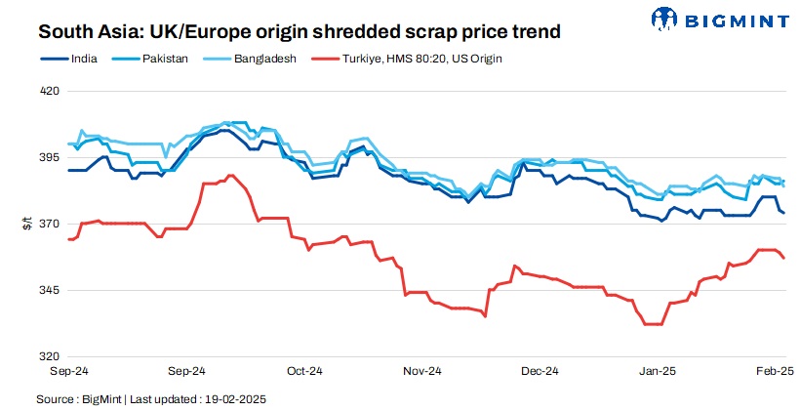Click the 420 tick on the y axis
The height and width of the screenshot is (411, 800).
pos(49,92)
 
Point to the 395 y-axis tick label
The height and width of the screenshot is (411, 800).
pos(49,158)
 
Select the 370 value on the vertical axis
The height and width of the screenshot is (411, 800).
pos(49,225)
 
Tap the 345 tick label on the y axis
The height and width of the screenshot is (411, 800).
pos(49,291)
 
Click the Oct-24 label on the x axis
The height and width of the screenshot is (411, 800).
pos(304,372)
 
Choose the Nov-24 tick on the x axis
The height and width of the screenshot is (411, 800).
pos(422,372)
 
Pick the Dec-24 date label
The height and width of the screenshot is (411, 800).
pos(540,372)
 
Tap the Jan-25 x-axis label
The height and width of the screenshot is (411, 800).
pos(657,372)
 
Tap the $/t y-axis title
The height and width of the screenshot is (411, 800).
pos(26,225)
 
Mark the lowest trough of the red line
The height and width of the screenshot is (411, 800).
pos(654,323)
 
